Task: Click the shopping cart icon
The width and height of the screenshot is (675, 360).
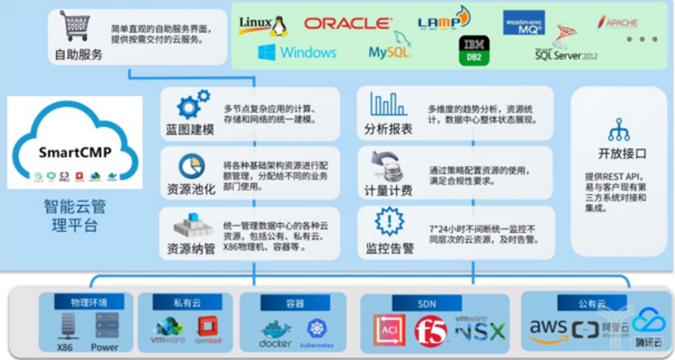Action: pyautogui.click(x=76, y=28)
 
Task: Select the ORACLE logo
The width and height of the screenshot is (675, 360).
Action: pyautogui.click(x=347, y=23)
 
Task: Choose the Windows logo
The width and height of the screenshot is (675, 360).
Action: pyautogui.click(x=297, y=52)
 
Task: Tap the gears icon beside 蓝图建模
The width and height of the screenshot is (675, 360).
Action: pyautogui.click(x=191, y=106)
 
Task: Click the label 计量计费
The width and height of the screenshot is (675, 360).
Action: pyautogui.click(x=389, y=188)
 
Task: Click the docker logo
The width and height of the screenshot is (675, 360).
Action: pyautogui.click(x=276, y=334)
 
